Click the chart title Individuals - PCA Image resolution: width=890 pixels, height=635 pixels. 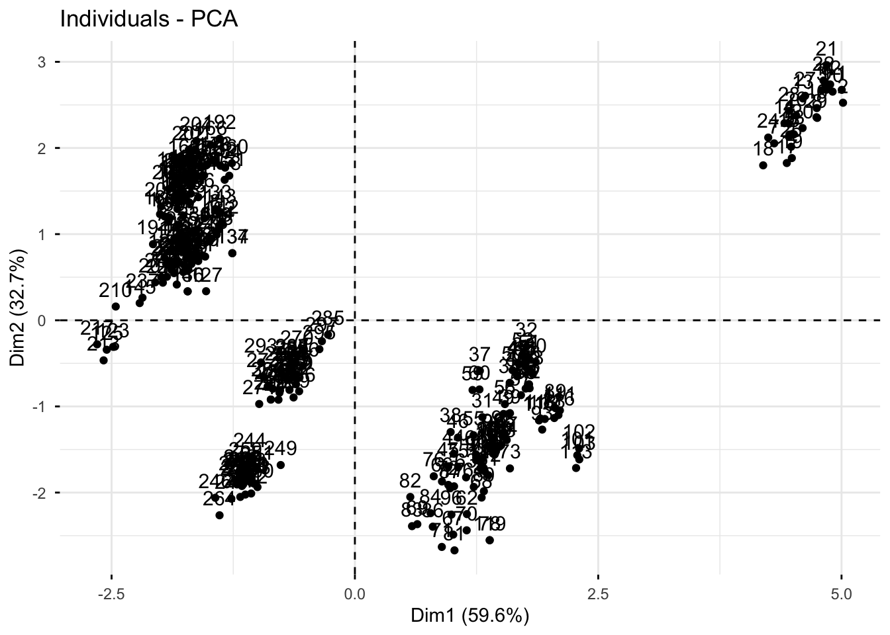click(148, 19)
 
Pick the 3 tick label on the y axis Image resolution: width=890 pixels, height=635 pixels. click(40, 62)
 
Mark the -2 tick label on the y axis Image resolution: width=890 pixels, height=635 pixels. click(37, 493)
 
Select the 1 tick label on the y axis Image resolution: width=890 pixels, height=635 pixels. click(40, 234)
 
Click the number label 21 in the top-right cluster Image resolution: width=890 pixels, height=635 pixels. click(826, 49)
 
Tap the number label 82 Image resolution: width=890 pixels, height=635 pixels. click(411, 481)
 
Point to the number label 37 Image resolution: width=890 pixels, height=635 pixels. click(479, 355)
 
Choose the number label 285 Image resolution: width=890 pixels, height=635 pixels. click(328, 319)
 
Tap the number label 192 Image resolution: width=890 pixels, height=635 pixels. click(220, 122)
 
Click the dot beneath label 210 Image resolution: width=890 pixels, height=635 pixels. click(116, 306)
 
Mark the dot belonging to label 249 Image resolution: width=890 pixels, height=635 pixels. click(281, 465)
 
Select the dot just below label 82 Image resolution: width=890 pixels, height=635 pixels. click(410, 497)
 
